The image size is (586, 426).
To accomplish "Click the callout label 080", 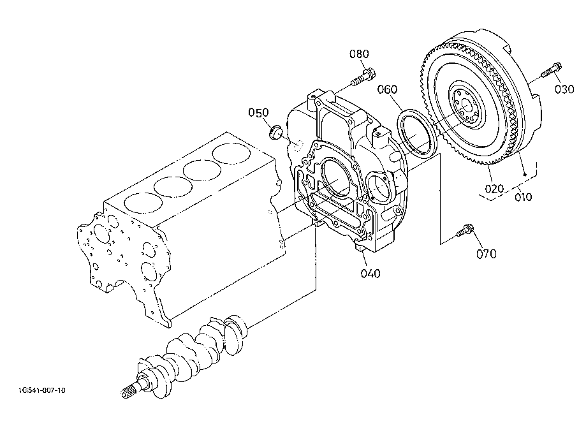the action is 359,54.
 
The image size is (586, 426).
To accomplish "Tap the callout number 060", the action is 387,89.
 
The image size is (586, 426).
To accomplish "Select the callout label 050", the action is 258,112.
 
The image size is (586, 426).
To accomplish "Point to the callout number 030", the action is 564,89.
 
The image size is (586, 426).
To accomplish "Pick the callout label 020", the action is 494,189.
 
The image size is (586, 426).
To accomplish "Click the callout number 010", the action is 523,196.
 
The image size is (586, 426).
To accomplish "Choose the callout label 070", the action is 487,254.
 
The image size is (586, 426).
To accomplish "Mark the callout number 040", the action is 370,274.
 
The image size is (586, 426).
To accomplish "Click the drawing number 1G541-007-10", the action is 42,390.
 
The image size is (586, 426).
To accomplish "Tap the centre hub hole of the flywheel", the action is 466,106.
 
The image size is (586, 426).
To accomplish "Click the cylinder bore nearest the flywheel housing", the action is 231,153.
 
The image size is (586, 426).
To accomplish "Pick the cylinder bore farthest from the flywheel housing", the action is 143,203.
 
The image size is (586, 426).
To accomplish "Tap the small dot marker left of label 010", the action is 525,175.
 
